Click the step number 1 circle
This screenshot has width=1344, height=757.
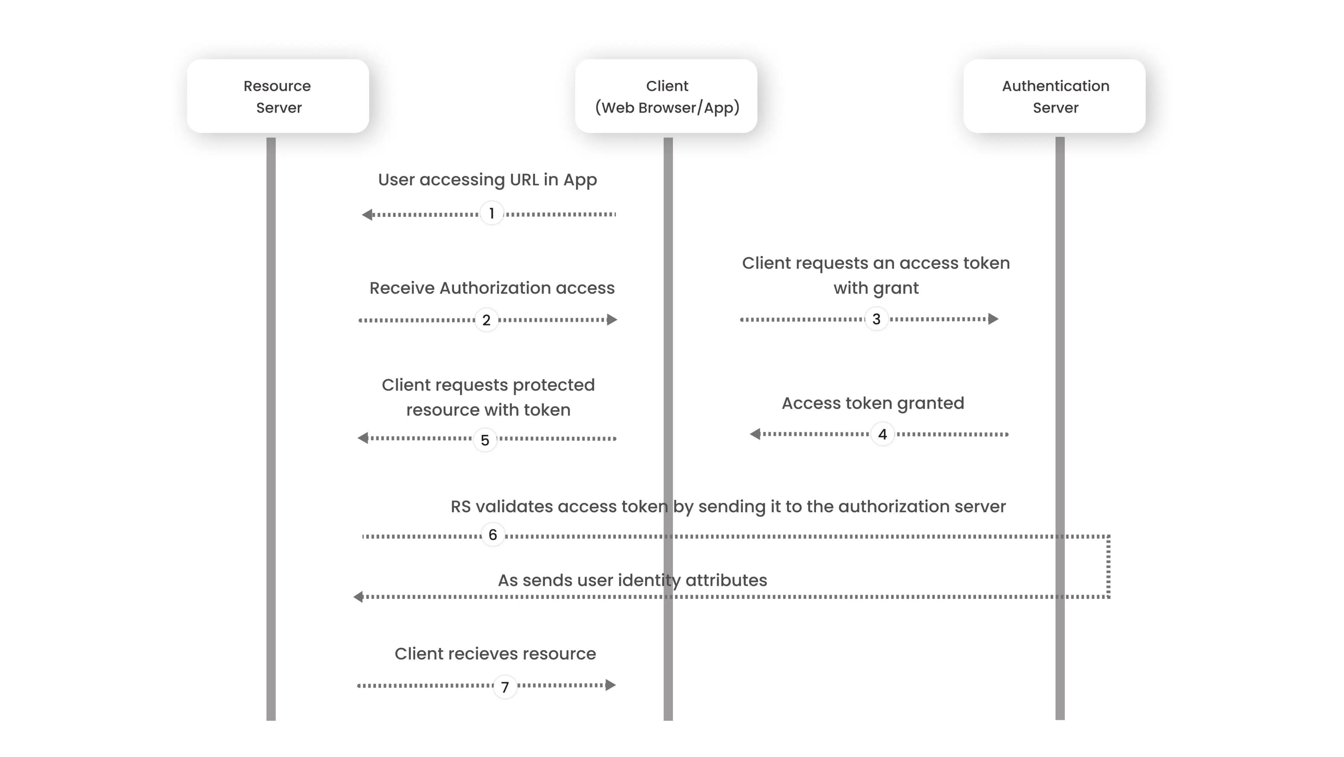pyautogui.click(x=491, y=213)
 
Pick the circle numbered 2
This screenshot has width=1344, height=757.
pyautogui.click(x=486, y=320)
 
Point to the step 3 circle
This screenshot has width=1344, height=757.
pyautogui.click(x=876, y=319)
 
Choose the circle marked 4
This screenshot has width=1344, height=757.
pyautogui.click(x=882, y=434)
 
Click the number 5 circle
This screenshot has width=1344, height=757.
pyautogui.click(x=485, y=440)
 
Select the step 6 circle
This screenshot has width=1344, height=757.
pyautogui.click(x=492, y=535)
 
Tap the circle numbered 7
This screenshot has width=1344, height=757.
pyautogui.click(x=504, y=687)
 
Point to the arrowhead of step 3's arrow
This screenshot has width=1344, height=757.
pyautogui.click(x=994, y=319)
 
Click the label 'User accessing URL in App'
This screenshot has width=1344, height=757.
pyautogui.click(x=487, y=180)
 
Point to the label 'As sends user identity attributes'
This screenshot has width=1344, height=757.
pyautogui.click(x=632, y=580)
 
